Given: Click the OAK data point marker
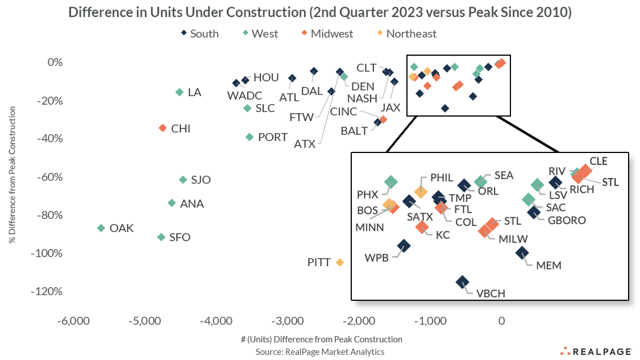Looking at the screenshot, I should click(x=101, y=227).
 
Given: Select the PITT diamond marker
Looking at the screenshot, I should click(x=340, y=262).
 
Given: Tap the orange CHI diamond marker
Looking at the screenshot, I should click(x=163, y=129).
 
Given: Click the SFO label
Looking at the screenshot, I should click(x=180, y=238).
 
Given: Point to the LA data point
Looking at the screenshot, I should click(x=180, y=92).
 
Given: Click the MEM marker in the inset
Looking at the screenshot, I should click(x=522, y=253).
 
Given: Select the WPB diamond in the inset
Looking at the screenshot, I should click(x=404, y=246).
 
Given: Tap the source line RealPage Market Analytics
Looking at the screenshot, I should click(x=320, y=351).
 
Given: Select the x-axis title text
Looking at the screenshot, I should click(x=321, y=340).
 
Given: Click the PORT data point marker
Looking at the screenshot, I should click(x=249, y=137).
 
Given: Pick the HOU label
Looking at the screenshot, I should click(x=266, y=78).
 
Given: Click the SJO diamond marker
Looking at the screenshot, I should click(x=183, y=180).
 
